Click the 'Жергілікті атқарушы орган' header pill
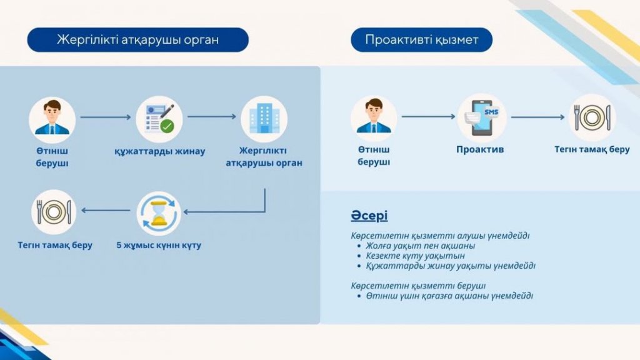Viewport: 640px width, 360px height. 137,40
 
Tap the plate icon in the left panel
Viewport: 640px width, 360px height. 54,212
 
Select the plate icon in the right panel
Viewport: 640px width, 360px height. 592,117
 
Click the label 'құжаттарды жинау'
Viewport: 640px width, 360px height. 159,151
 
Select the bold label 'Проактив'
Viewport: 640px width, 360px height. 480,150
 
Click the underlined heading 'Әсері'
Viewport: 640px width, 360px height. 369,216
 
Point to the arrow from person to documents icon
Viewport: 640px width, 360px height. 106,117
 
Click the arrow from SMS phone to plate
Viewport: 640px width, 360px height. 537,117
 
